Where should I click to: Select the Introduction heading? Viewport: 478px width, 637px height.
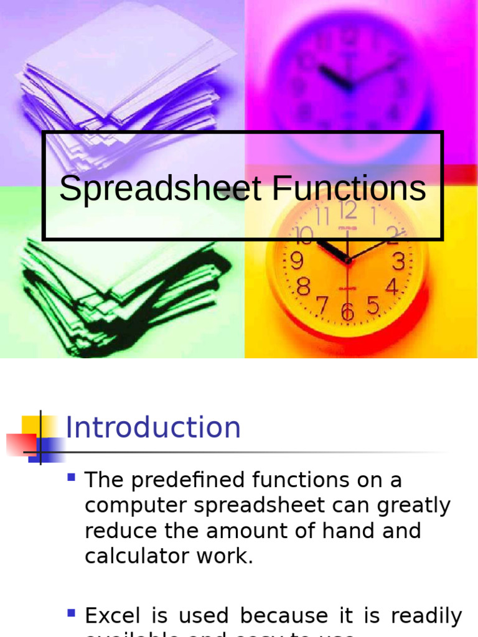[153, 427]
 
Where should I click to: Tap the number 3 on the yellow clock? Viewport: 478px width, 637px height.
[398, 262]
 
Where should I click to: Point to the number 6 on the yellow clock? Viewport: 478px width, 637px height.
[347, 312]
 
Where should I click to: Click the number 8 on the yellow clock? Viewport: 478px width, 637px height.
[304, 287]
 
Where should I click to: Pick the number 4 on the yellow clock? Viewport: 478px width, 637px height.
[392, 287]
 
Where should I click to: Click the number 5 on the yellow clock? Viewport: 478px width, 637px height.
[373, 305]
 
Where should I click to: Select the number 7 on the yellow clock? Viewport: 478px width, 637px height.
[322, 305]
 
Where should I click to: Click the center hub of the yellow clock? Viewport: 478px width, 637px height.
[347, 261]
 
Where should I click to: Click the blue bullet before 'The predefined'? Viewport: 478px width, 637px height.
[72, 478]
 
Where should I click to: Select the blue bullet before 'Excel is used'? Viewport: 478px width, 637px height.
[72, 613]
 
